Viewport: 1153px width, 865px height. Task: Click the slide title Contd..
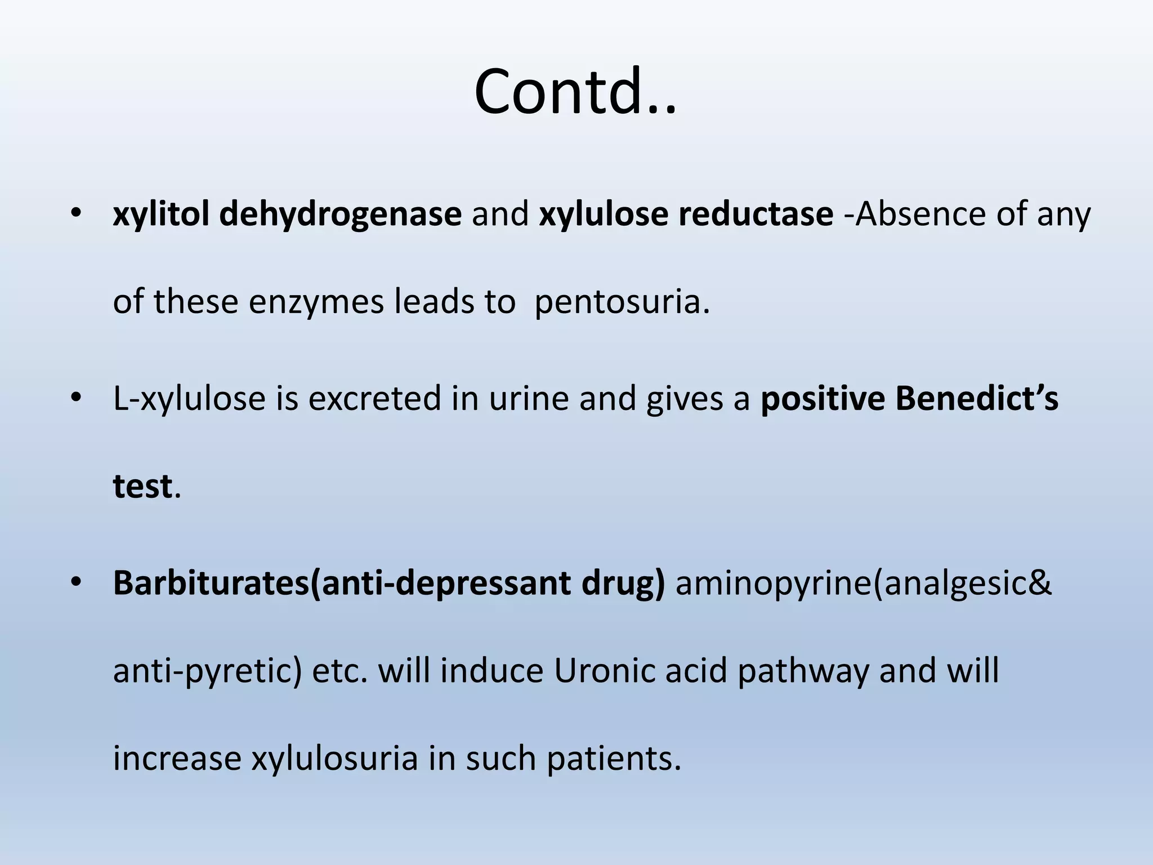point(575,92)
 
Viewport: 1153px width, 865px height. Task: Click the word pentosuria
point(622,302)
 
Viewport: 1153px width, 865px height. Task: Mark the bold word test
point(142,486)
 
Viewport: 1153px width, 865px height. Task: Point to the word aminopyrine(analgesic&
point(863,583)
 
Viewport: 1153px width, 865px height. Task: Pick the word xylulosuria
point(334,758)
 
